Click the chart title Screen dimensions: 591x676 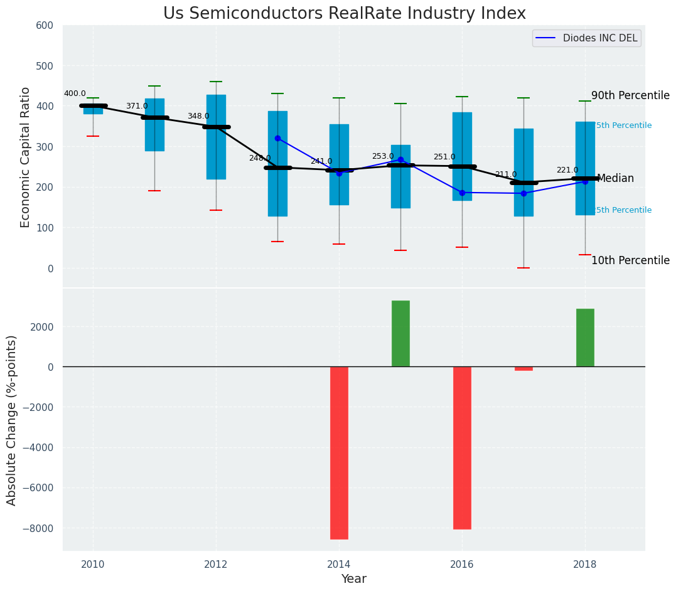(344, 14)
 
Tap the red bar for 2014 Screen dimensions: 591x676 (339, 452)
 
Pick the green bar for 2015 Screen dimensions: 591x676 (400, 334)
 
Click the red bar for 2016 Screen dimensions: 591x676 (462, 447)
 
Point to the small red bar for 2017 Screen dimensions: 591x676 (523, 369)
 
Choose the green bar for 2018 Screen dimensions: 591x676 (585, 338)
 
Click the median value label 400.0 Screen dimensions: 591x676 (75, 94)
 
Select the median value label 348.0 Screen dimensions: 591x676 (198, 117)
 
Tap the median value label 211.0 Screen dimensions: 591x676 (506, 175)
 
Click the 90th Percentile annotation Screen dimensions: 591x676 (630, 96)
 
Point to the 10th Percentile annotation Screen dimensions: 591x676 (630, 261)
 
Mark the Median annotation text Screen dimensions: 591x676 (615, 179)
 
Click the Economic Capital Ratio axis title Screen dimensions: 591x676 (26, 157)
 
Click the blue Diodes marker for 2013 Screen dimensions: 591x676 (277, 138)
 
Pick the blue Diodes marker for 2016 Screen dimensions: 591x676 (462, 193)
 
